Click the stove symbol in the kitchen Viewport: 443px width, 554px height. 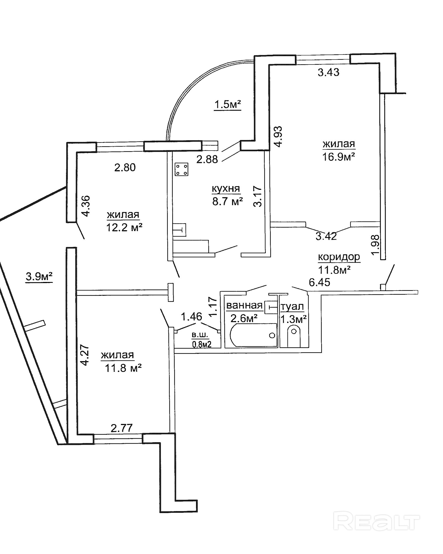tap(181, 169)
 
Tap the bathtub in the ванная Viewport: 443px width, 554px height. tap(253, 335)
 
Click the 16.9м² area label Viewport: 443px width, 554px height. tap(338, 157)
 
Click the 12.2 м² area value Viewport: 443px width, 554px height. tap(124, 228)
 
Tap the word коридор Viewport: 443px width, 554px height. tap(339, 257)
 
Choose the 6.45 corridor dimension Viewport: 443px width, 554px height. tap(320, 282)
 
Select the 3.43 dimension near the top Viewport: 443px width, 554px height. tap(328, 72)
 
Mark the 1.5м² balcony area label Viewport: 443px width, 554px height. tap(228, 105)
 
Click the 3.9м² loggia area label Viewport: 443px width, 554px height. tap(39, 276)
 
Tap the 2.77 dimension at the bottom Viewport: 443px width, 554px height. tap(122, 428)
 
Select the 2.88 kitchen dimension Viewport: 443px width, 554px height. tap(207, 159)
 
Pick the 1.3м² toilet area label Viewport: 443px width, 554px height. tap(293, 319)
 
